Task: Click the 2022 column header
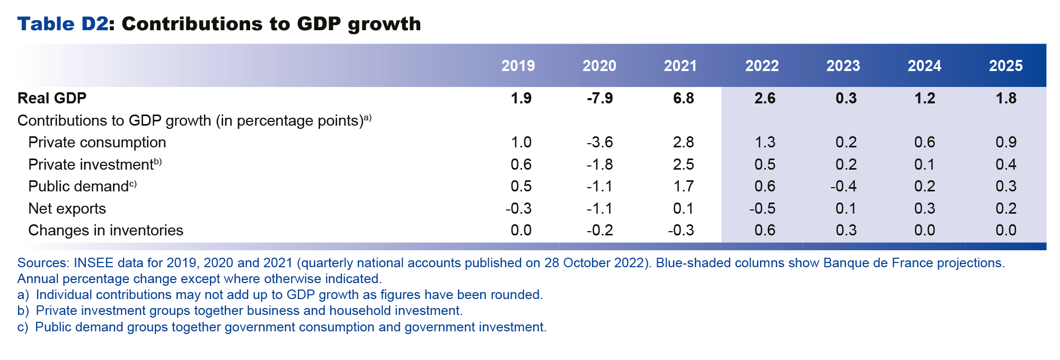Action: (x=762, y=66)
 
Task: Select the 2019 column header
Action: (x=518, y=66)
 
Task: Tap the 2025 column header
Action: (x=1005, y=66)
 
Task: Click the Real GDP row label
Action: (x=52, y=98)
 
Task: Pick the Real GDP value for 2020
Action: (x=599, y=98)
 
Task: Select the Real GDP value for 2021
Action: (x=683, y=98)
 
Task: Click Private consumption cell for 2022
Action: (x=764, y=142)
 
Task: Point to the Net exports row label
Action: (x=67, y=208)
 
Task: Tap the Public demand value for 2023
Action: (x=843, y=186)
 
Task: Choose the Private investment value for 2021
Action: (x=683, y=164)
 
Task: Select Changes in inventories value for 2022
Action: (x=764, y=230)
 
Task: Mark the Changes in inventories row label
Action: (x=105, y=230)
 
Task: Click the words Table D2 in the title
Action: (x=63, y=24)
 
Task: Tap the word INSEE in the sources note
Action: (x=91, y=263)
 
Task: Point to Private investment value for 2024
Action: (x=924, y=164)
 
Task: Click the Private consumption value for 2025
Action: (x=1005, y=142)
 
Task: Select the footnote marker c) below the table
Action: (x=22, y=327)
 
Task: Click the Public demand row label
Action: (x=78, y=187)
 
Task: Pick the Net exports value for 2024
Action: (x=924, y=208)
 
